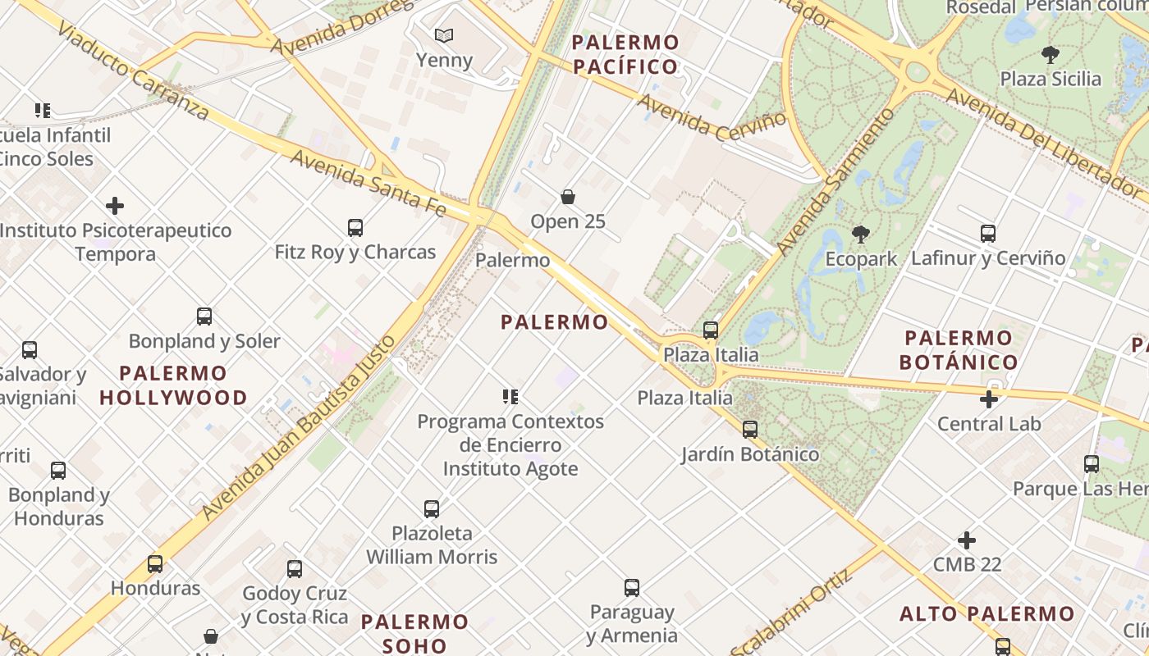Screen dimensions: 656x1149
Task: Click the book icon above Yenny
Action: [444, 36]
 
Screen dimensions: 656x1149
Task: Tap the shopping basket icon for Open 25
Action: [567, 197]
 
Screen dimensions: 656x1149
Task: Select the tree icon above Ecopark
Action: [861, 235]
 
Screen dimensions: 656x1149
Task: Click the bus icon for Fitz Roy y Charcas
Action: [355, 227]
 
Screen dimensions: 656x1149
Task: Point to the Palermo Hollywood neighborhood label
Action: [174, 385]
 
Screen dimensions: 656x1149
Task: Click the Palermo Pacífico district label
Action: [626, 54]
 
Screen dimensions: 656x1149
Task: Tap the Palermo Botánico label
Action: [959, 349]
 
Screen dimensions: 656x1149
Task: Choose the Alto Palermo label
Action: [986, 613]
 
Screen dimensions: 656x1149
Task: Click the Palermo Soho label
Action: [415, 633]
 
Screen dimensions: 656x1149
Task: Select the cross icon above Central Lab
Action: [989, 399]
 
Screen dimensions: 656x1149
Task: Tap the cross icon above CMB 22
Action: [967, 540]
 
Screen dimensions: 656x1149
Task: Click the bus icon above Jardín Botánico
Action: [749, 429]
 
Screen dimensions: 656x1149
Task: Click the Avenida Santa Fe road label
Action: [369, 183]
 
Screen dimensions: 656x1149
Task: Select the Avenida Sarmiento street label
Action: [835, 180]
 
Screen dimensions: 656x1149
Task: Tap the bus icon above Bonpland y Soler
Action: [204, 316]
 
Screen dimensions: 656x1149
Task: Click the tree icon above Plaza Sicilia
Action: [1050, 55]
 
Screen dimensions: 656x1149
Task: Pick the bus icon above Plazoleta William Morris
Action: [432, 508]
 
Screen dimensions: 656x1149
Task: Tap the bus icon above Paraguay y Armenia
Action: [631, 587]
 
